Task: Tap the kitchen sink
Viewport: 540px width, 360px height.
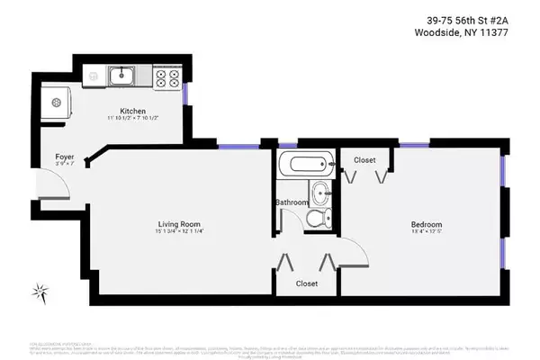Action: [121, 76]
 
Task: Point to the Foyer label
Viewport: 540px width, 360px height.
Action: [63, 156]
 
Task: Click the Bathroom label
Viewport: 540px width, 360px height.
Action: [292, 203]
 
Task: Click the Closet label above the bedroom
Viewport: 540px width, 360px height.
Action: [364, 160]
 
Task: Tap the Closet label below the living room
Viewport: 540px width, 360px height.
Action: [308, 283]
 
